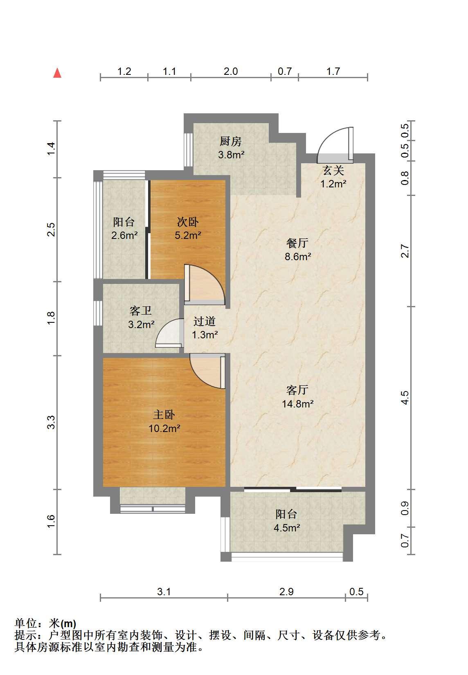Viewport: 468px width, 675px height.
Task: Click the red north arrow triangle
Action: [x=57, y=73]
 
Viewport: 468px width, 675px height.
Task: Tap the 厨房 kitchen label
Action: [x=231, y=141]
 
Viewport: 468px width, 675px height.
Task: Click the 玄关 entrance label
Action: [x=333, y=171]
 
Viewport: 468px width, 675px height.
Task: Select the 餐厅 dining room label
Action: [x=297, y=243]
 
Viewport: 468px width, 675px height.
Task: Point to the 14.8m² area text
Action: [x=298, y=403]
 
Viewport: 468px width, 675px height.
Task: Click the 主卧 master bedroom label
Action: [x=164, y=415]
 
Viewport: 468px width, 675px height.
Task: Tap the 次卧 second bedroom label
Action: [x=187, y=222]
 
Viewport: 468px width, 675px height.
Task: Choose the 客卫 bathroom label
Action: [x=140, y=310]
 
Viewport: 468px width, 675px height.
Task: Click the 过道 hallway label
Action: [x=204, y=321]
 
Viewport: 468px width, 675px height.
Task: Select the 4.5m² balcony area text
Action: [x=287, y=528]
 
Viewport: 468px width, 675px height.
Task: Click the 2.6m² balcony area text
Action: [x=124, y=235]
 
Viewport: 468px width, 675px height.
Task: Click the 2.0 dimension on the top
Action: [x=231, y=72]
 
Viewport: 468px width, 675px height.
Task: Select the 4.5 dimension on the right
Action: [x=405, y=398]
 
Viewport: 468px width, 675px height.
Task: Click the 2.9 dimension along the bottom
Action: [x=286, y=592]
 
